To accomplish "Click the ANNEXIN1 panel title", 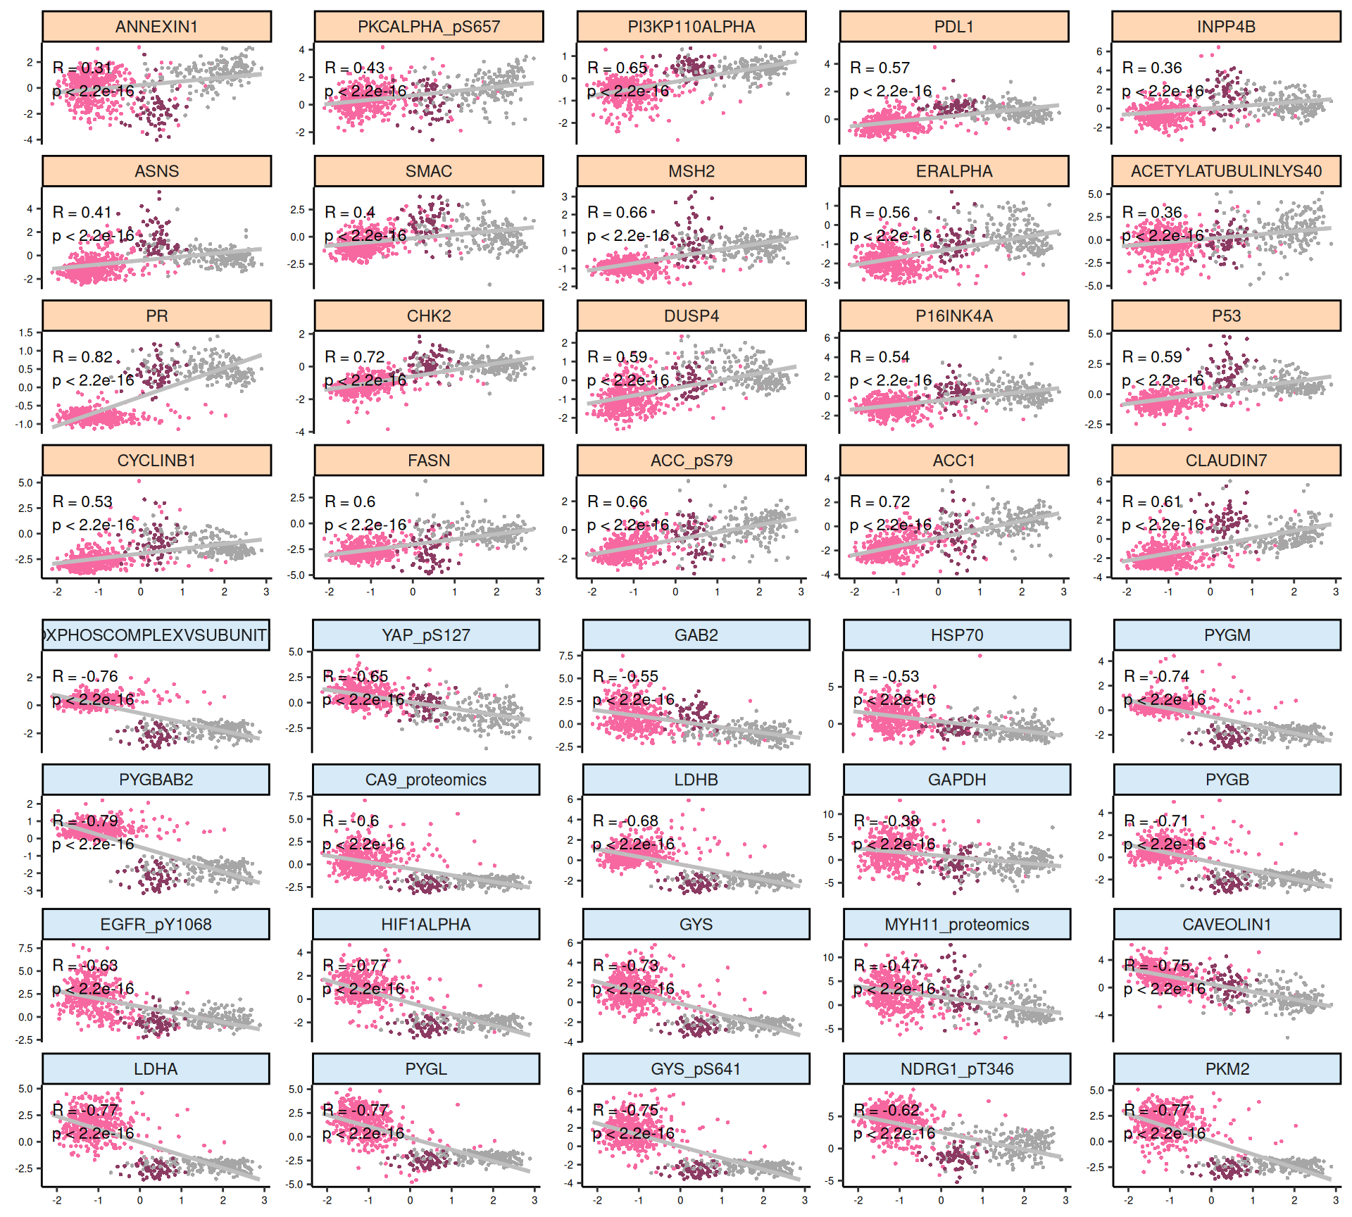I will tap(156, 27).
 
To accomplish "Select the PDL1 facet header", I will tap(953, 27).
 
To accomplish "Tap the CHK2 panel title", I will tap(428, 316).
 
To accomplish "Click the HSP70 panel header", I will tap(956, 635).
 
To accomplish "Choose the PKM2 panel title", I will tap(1227, 1069).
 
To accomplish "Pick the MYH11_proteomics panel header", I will tap(956, 925).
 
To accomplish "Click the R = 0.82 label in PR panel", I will tap(82, 357).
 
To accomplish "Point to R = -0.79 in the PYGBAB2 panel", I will tap(85, 821).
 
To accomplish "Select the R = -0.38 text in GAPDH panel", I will tap(887, 821).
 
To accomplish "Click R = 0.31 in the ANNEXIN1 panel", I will tap(82, 68).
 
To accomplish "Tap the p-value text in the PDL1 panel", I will tap(891, 92).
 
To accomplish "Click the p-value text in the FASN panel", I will tap(365, 525).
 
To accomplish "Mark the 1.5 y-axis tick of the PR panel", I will tap(26, 332).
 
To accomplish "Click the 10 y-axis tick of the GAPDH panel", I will tap(828, 814).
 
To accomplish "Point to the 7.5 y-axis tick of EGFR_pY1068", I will tap(26, 948).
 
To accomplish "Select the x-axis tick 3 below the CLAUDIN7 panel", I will tap(1335, 592).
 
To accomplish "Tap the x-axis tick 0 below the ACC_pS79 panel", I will tap(675, 592).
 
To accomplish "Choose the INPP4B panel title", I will tap(1226, 27).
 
